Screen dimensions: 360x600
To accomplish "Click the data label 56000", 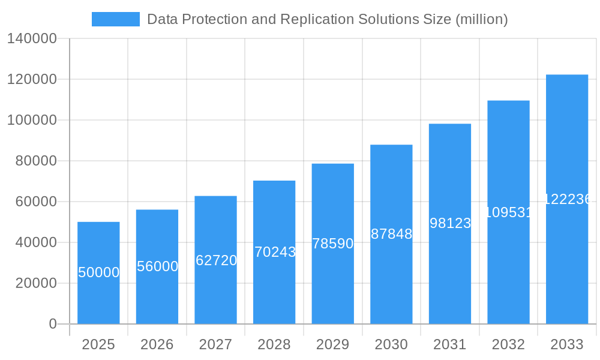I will [157, 266].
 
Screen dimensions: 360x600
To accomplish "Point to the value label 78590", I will [333, 244].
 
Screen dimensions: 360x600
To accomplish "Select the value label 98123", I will [450, 223].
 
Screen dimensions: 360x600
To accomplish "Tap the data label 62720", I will [216, 260].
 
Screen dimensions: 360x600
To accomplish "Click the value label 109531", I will [508, 212].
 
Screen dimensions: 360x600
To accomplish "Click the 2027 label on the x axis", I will [215, 344].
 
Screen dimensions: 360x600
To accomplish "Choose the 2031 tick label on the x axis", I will [450, 344].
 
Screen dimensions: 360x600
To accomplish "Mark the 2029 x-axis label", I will [333, 344].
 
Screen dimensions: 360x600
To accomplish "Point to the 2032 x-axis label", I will [508, 344].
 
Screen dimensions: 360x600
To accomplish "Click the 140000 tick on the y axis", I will [32, 39].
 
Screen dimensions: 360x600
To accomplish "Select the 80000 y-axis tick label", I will [36, 161].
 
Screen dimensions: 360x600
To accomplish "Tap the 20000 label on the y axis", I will [36, 283].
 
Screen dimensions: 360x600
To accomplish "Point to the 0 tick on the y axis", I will [53, 324].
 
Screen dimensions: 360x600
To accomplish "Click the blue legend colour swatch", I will [115, 19].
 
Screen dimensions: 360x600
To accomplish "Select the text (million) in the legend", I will [482, 19].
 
